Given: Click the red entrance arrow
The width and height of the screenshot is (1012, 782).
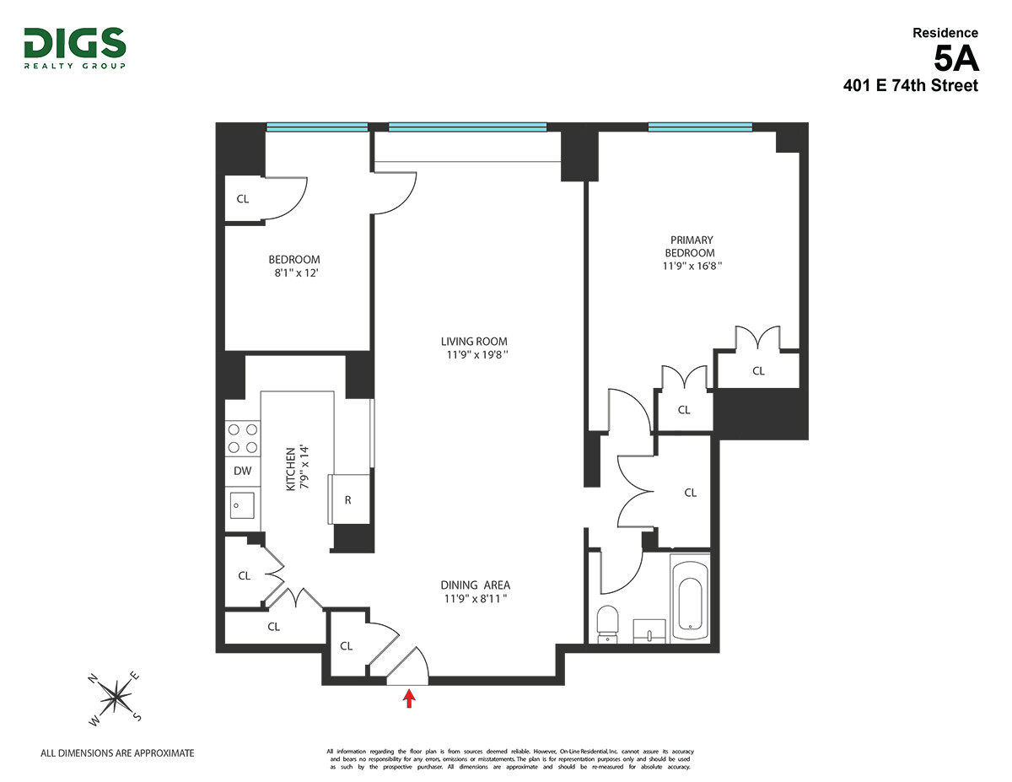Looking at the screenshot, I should coord(410,698).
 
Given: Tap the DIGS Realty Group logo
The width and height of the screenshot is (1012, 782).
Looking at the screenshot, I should coord(75,48).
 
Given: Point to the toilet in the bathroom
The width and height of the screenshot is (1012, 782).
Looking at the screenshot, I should coord(607,623).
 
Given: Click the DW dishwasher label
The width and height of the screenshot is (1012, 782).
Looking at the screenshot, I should coord(242,472).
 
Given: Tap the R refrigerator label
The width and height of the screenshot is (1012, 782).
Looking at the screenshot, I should coord(347,499).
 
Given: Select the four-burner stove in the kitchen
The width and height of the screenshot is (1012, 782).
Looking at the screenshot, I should coord(242,439).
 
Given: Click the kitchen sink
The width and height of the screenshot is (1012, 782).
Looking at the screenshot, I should coord(242,506).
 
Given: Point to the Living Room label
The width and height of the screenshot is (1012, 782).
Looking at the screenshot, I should coord(474,342).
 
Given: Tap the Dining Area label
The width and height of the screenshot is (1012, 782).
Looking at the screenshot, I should coord(475,585).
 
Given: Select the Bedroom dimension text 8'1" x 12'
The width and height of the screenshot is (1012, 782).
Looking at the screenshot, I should coord(293,272).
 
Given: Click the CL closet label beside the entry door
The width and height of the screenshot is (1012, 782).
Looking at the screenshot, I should coord(346,646).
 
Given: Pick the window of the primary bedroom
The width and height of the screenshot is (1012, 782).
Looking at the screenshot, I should coord(699,127).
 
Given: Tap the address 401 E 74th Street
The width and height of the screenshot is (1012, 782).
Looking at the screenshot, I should coord(911,85).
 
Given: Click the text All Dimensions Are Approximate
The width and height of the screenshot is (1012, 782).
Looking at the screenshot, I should coord(117,753).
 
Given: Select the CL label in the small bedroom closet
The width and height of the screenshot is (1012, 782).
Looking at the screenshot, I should coord(243,199).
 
